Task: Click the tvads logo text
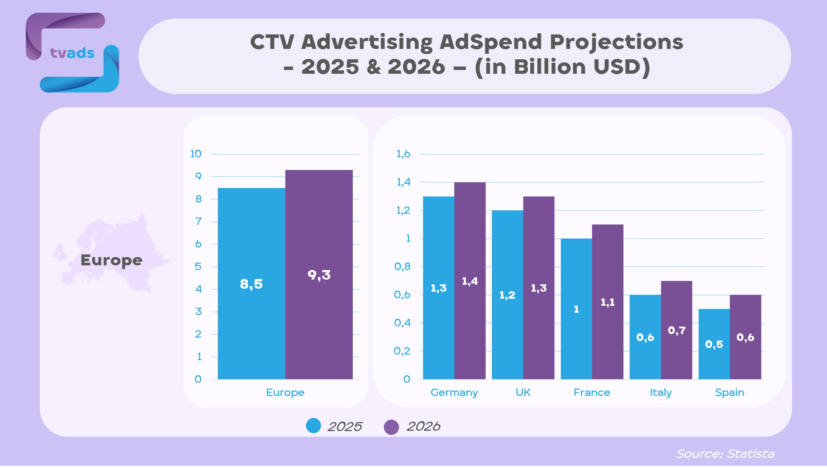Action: (x=72, y=53)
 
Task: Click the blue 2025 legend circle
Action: (x=313, y=426)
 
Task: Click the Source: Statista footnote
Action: (x=725, y=454)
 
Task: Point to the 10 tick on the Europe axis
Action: (x=196, y=154)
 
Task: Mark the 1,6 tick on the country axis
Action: (x=403, y=154)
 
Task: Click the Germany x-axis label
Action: (x=454, y=393)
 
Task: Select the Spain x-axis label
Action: (x=729, y=393)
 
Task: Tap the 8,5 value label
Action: (x=251, y=284)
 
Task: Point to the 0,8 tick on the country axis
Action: (x=402, y=266)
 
